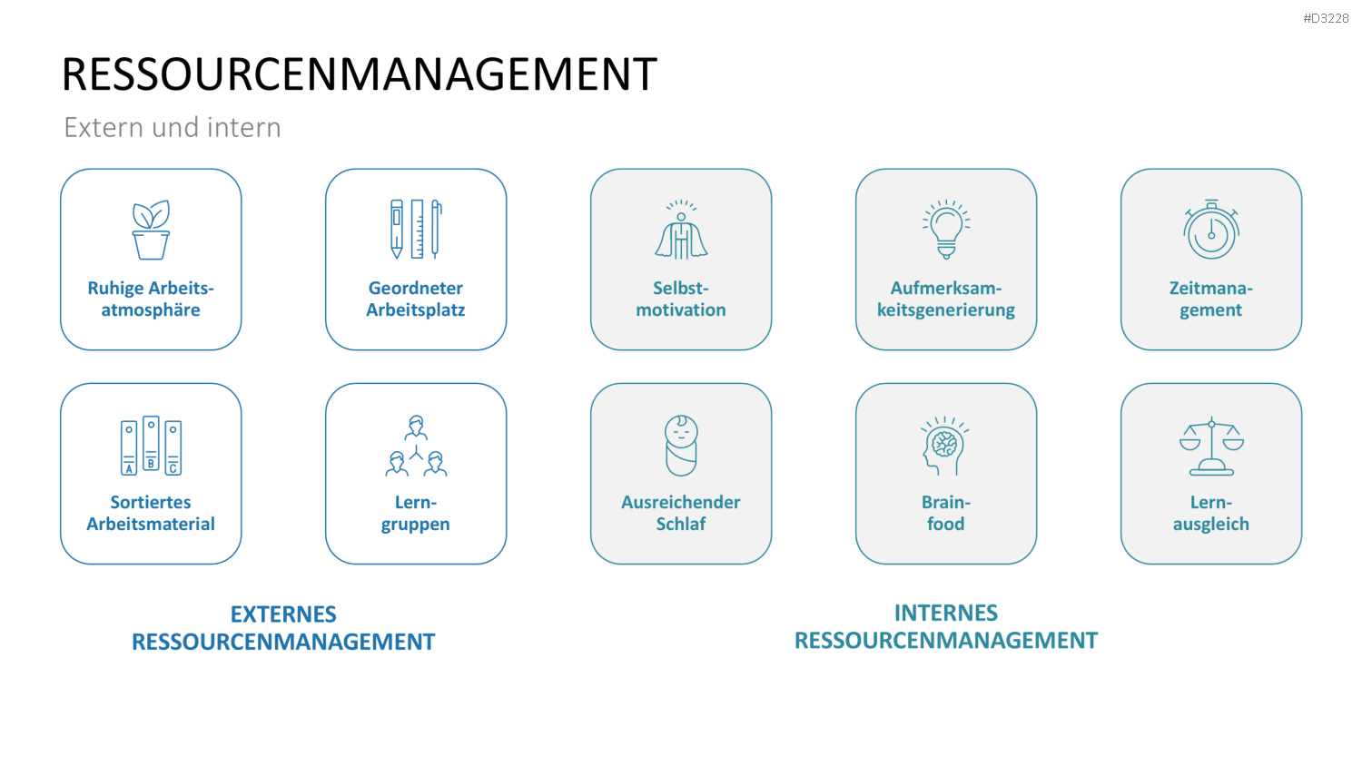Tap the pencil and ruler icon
click(x=417, y=229)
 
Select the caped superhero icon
click(x=681, y=229)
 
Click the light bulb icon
click(x=946, y=229)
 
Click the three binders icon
click(x=151, y=446)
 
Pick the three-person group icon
click(x=417, y=446)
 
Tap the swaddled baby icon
click(x=681, y=446)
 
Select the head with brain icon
click(x=945, y=446)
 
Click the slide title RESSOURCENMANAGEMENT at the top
click(x=360, y=74)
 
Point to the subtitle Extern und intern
click(x=173, y=128)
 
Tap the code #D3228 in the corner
click(x=1326, y=18)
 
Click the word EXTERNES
click(x=283, y=614)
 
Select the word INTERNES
click(x=946, y=613)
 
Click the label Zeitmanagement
click(x=1211, y=299)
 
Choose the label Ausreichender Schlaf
click(x=681, y=513)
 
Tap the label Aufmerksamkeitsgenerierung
click(x=946, y=299)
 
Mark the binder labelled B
click(x=151, y=443)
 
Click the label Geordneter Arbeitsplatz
click(x=416, y=299)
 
